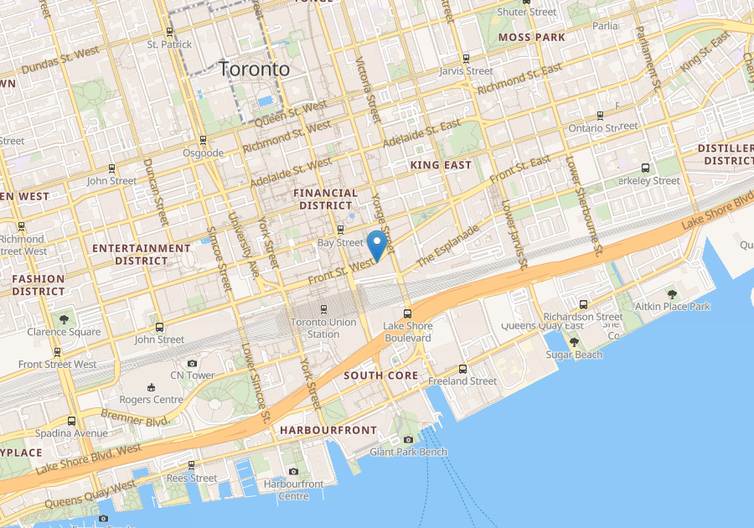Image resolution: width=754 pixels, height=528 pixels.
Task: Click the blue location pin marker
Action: [377, 244]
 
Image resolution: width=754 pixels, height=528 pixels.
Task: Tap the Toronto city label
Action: [254, 70]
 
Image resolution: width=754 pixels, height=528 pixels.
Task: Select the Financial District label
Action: [325, 199]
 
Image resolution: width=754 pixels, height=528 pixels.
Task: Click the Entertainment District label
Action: [142, 254]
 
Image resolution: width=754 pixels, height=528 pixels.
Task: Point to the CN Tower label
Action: [192, 375]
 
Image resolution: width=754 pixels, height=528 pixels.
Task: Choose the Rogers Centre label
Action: [152, 399]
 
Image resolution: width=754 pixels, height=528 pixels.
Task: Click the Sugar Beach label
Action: [574, 355]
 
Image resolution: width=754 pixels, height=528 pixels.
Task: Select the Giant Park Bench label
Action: [408, 452]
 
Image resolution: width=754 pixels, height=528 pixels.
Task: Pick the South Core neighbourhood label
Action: [380, 375]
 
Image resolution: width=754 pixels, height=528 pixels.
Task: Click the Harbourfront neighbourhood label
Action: [328, 430]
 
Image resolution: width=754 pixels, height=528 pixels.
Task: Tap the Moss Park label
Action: [531, 37]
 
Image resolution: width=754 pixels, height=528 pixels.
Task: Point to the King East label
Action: [441, 165]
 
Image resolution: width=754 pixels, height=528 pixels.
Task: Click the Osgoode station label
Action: [203, 153]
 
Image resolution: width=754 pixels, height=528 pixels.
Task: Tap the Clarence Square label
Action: [64, 331]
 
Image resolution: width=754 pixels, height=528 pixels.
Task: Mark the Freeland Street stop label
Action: [462, 380]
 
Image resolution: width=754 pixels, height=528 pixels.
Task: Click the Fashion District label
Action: [39, 285]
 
